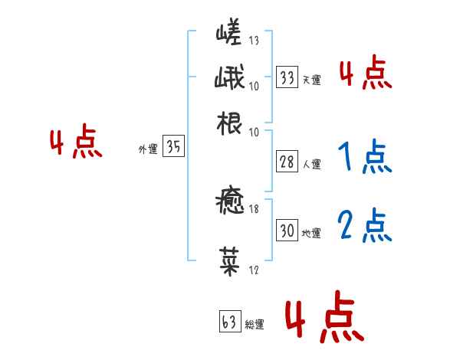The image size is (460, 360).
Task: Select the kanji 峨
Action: [x=230, y=78]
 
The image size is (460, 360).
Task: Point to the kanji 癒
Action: [x=230, y=204]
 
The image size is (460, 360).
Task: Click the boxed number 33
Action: [x=287, y=77]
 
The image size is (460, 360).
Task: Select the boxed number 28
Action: [x=287, y=162]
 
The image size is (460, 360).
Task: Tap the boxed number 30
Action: [x=287, y=231]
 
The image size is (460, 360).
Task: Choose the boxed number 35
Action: [x=173, y=148]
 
